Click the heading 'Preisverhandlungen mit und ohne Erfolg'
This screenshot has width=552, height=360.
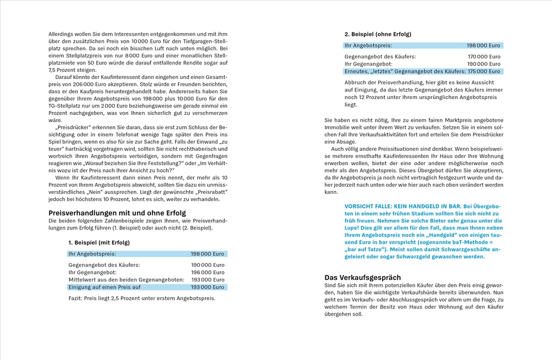pos(117,213)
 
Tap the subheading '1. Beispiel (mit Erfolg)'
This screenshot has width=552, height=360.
pos(99,243)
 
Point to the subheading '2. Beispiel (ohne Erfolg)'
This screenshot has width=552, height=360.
pos(378,34)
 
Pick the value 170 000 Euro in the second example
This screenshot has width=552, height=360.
pos(484,56)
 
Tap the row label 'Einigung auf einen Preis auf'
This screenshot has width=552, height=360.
pos(104,287)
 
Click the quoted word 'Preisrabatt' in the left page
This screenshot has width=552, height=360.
pos(208,192)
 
